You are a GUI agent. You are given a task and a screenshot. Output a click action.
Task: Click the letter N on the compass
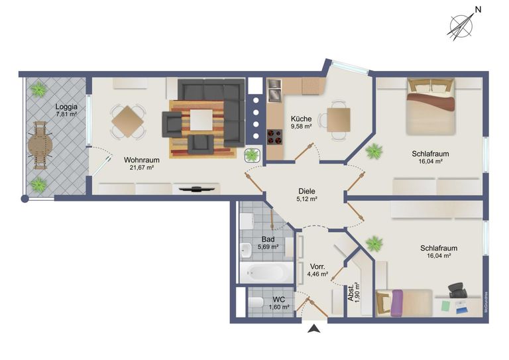(478, 10)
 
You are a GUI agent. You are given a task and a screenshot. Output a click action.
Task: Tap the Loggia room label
(66, 107)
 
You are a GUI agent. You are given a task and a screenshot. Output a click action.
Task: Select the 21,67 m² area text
(141, 168)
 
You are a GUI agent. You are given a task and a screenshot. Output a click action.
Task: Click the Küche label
(302, 119)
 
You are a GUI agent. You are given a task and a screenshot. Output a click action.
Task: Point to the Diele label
(307, 192)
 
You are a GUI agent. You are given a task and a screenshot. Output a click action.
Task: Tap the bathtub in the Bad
(266, 272)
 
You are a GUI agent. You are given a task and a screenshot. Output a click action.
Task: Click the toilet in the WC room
(256, 302)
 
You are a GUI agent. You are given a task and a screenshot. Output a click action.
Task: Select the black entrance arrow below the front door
(314, 329)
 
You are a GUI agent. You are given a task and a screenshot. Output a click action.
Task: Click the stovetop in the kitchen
(274, 137)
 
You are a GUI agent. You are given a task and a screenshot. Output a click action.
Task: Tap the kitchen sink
(274, 91)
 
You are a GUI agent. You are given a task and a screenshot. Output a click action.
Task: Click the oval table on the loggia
(40, 145)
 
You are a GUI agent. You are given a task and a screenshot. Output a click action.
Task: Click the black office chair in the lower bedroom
(457, 290)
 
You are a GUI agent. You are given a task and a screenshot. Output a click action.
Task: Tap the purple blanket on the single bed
(397, 303)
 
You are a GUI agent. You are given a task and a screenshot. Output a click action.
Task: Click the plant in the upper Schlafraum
(374, 151)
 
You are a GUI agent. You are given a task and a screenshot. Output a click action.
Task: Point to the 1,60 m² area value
(279, 307)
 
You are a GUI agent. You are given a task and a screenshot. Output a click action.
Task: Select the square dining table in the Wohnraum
(127, 121)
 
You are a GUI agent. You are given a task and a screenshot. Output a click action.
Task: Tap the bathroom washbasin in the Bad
(246, 251)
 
